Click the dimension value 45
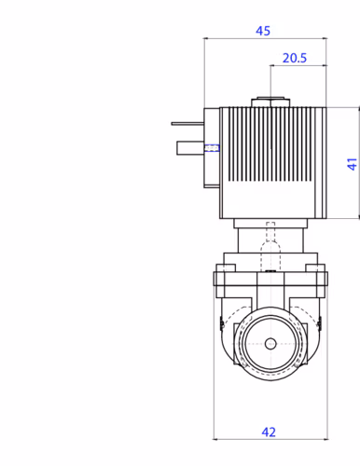(263, 31)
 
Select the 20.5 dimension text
(295, 58)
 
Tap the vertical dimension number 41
(352, 164)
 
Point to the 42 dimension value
(269, 432)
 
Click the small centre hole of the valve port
(270, 344)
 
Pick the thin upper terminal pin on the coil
(187, 124)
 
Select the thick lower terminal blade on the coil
(190, 148)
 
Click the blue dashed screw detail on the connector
(212, 148)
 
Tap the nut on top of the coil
(270, 103)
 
